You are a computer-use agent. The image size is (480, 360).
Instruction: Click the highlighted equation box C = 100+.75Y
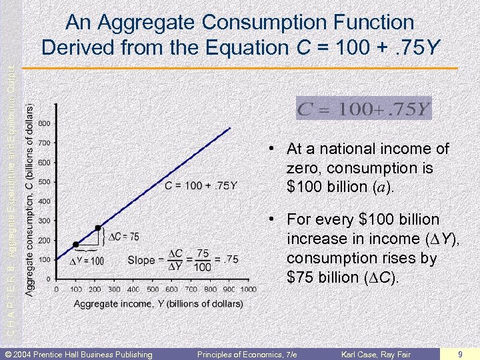(364, 108)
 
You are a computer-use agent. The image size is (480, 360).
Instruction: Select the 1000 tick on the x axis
(248, 289)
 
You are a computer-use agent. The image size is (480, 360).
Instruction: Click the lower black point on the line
(76, 245)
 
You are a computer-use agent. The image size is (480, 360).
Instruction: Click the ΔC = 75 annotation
(123, 237)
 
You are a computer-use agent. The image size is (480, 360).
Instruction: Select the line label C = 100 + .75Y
(201, 185)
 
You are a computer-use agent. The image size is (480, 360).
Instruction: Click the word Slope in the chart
(141, 260)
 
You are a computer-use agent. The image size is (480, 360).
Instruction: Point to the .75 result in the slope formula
(230, 260)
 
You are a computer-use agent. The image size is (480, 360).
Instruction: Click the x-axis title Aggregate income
(158, 303)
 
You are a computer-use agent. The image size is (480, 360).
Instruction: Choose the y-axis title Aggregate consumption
(30, 200)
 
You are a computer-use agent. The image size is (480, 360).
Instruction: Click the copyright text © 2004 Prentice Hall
(79, 354)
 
